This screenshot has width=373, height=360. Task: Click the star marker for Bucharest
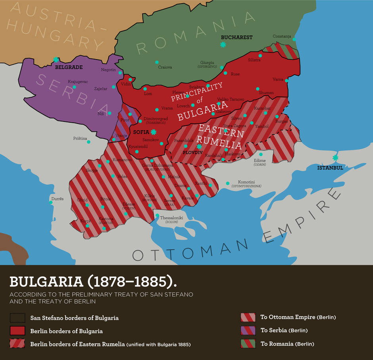coord(223,45)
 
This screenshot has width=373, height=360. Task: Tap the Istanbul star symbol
coord(335,158)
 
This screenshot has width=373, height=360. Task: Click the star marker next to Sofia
coord(153,132)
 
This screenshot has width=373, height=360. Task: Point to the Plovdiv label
coord(192,152)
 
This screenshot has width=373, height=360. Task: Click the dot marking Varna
coord(287,81)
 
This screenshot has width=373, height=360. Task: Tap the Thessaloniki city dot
coord(157,216)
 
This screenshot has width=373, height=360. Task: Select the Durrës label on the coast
coord(57,198)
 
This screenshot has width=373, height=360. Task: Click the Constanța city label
coord(282,37)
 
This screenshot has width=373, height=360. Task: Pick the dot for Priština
coord(88,142)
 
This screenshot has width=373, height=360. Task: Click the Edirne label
coord(260,160)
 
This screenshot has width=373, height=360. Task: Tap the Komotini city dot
coord(228,183)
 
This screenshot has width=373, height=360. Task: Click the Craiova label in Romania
coord(165,67)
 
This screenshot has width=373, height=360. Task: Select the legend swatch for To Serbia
coord(248,330)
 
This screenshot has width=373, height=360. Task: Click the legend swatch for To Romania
coord(248,343)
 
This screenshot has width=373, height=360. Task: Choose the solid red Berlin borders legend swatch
coord(17,331)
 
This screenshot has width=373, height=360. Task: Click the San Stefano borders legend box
coord(17,318)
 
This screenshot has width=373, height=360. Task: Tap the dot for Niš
coord(110,113)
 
